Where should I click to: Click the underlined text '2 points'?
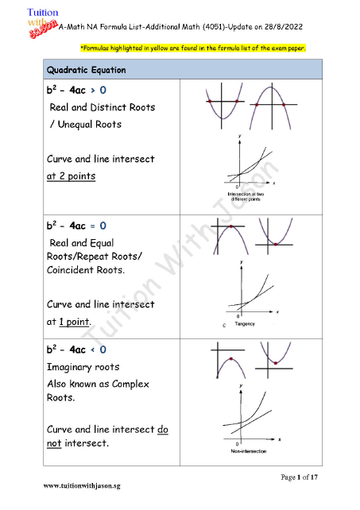71,176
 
